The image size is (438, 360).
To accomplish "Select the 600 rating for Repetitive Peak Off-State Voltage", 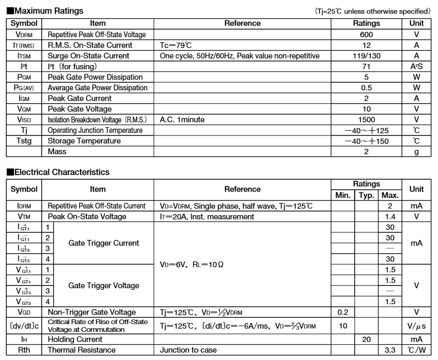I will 366,34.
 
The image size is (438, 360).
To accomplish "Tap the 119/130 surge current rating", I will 366,56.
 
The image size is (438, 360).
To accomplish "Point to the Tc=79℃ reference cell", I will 176,45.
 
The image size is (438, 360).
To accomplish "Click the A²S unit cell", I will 416,67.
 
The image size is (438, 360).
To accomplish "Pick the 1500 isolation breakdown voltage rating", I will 366,120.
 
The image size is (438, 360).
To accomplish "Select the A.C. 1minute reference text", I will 182,120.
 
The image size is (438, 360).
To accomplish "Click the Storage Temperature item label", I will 84,141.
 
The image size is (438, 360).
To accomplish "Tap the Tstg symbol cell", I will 24,141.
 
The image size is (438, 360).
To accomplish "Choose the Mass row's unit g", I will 416,152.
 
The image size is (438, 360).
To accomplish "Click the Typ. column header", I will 367,195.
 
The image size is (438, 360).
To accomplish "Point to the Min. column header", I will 342,195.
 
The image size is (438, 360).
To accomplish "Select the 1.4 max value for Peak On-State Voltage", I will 390,217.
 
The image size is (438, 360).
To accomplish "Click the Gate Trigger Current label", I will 104,243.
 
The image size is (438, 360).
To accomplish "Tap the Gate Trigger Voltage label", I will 104,285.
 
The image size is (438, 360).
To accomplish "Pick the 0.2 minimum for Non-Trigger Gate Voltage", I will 342,312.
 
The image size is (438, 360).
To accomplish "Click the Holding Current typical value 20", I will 367,339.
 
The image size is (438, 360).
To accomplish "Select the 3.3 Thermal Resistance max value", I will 390,350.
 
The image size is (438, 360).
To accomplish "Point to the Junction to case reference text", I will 188,350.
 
